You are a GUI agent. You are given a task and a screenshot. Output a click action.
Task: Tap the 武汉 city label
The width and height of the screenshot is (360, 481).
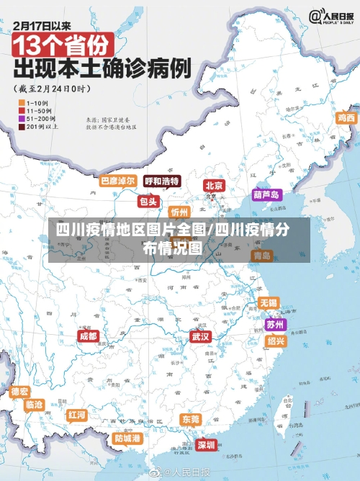(x=200, y=336)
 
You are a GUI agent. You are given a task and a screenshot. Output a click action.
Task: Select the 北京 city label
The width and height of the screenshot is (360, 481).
(x=214, y=185)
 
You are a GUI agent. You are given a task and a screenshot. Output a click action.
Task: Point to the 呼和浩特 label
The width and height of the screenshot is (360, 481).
(x=161, y=181)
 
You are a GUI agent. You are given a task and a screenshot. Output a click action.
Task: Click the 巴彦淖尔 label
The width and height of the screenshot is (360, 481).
(x=117, y=181)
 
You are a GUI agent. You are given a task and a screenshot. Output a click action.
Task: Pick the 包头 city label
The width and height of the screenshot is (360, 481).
(x=148, y=202)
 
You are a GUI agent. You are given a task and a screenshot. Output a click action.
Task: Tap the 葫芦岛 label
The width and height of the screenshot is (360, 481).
(x=266, y=194)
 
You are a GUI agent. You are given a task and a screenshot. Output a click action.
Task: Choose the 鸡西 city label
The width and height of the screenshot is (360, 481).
(x=346, y=117)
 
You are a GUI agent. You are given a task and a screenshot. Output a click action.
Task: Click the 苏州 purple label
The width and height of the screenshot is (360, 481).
(x=275, y=324)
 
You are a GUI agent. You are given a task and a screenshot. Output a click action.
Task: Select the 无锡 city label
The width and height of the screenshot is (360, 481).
(x=268, y=302)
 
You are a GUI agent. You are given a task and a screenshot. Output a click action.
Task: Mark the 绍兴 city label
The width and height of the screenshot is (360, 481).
(x=275, y=341)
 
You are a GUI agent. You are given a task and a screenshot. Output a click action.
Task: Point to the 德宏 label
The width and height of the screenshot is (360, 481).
(x=20, y=392)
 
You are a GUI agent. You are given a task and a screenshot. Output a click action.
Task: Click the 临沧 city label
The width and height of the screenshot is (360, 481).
(x=34, y=405)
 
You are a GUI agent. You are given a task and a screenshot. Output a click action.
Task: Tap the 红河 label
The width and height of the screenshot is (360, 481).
(x=77, y=415)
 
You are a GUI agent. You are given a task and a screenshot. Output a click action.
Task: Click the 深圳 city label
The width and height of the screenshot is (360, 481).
(x=206, y=445)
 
